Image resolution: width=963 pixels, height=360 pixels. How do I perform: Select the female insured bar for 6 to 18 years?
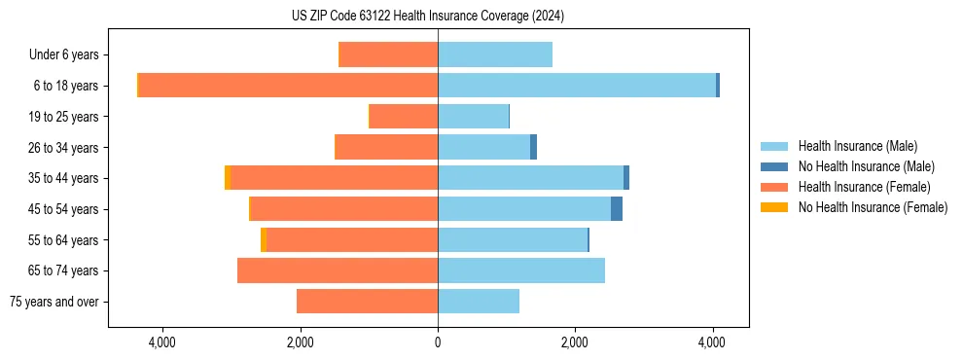coord(288,86)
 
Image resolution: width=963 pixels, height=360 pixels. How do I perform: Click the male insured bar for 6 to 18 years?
coord(577,86)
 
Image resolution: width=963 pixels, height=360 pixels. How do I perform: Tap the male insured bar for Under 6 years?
coord(495,54)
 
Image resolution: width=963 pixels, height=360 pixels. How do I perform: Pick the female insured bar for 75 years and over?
coord(367,302)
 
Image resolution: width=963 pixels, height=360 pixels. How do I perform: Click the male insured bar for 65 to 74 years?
coord(521,270)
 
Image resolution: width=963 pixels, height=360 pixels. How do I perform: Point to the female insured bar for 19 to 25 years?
coord(404,117)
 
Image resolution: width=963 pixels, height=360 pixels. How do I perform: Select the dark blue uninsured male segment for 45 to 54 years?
coord(617,209)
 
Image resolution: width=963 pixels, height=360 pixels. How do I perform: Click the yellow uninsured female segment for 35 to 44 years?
coord(228,178)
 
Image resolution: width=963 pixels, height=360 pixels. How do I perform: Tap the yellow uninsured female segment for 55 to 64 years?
coord(264,240)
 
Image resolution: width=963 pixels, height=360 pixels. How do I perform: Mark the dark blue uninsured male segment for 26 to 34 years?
coord(533,147)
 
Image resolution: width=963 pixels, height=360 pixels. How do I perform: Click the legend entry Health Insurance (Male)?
coord(857,146)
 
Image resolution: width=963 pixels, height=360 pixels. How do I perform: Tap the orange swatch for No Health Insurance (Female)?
coord(775,207)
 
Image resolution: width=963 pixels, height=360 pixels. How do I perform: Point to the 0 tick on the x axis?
coord(438,342)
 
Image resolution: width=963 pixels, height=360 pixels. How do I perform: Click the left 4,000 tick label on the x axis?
coord(161,342)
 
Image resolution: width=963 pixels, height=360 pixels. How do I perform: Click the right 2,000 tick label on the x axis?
coord(575,342)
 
